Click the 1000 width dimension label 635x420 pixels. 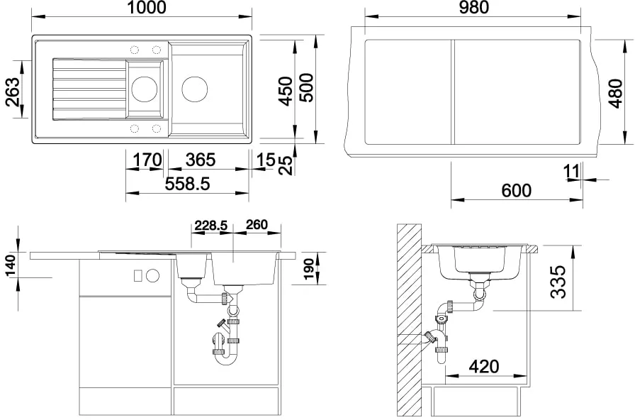point(147,7)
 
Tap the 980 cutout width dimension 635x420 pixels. point(474,7)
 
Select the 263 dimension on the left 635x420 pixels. point(13,92)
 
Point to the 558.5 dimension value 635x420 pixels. point(188,184)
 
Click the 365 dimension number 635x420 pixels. point(201,160)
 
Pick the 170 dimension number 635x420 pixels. point(147,160)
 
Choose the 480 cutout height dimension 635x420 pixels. point(615,94)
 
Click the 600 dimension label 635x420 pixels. point(517,191)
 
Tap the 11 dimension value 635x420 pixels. point(572,172)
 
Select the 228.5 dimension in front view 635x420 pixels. point(211,225)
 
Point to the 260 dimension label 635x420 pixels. point(257,225)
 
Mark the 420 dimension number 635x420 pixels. point(484,367)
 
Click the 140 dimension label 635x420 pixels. point(11,265)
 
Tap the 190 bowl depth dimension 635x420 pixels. point(309,269)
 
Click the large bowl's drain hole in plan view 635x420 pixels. point(195,89)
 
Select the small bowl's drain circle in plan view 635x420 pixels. point(145,89)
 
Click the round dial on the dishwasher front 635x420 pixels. point(152,276)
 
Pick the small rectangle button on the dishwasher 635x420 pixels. point(138,276)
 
